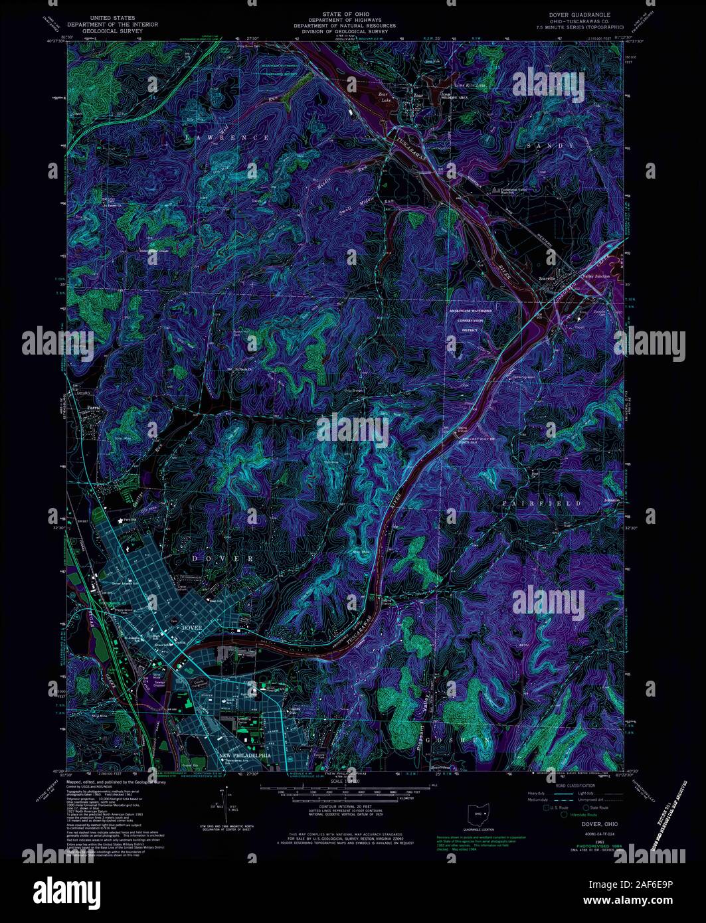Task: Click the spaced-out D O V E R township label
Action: click(222, 558)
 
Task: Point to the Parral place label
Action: click(88, 409)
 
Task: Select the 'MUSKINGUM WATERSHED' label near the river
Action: click(474, 310)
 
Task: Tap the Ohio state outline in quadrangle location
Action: click(476, 813)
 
